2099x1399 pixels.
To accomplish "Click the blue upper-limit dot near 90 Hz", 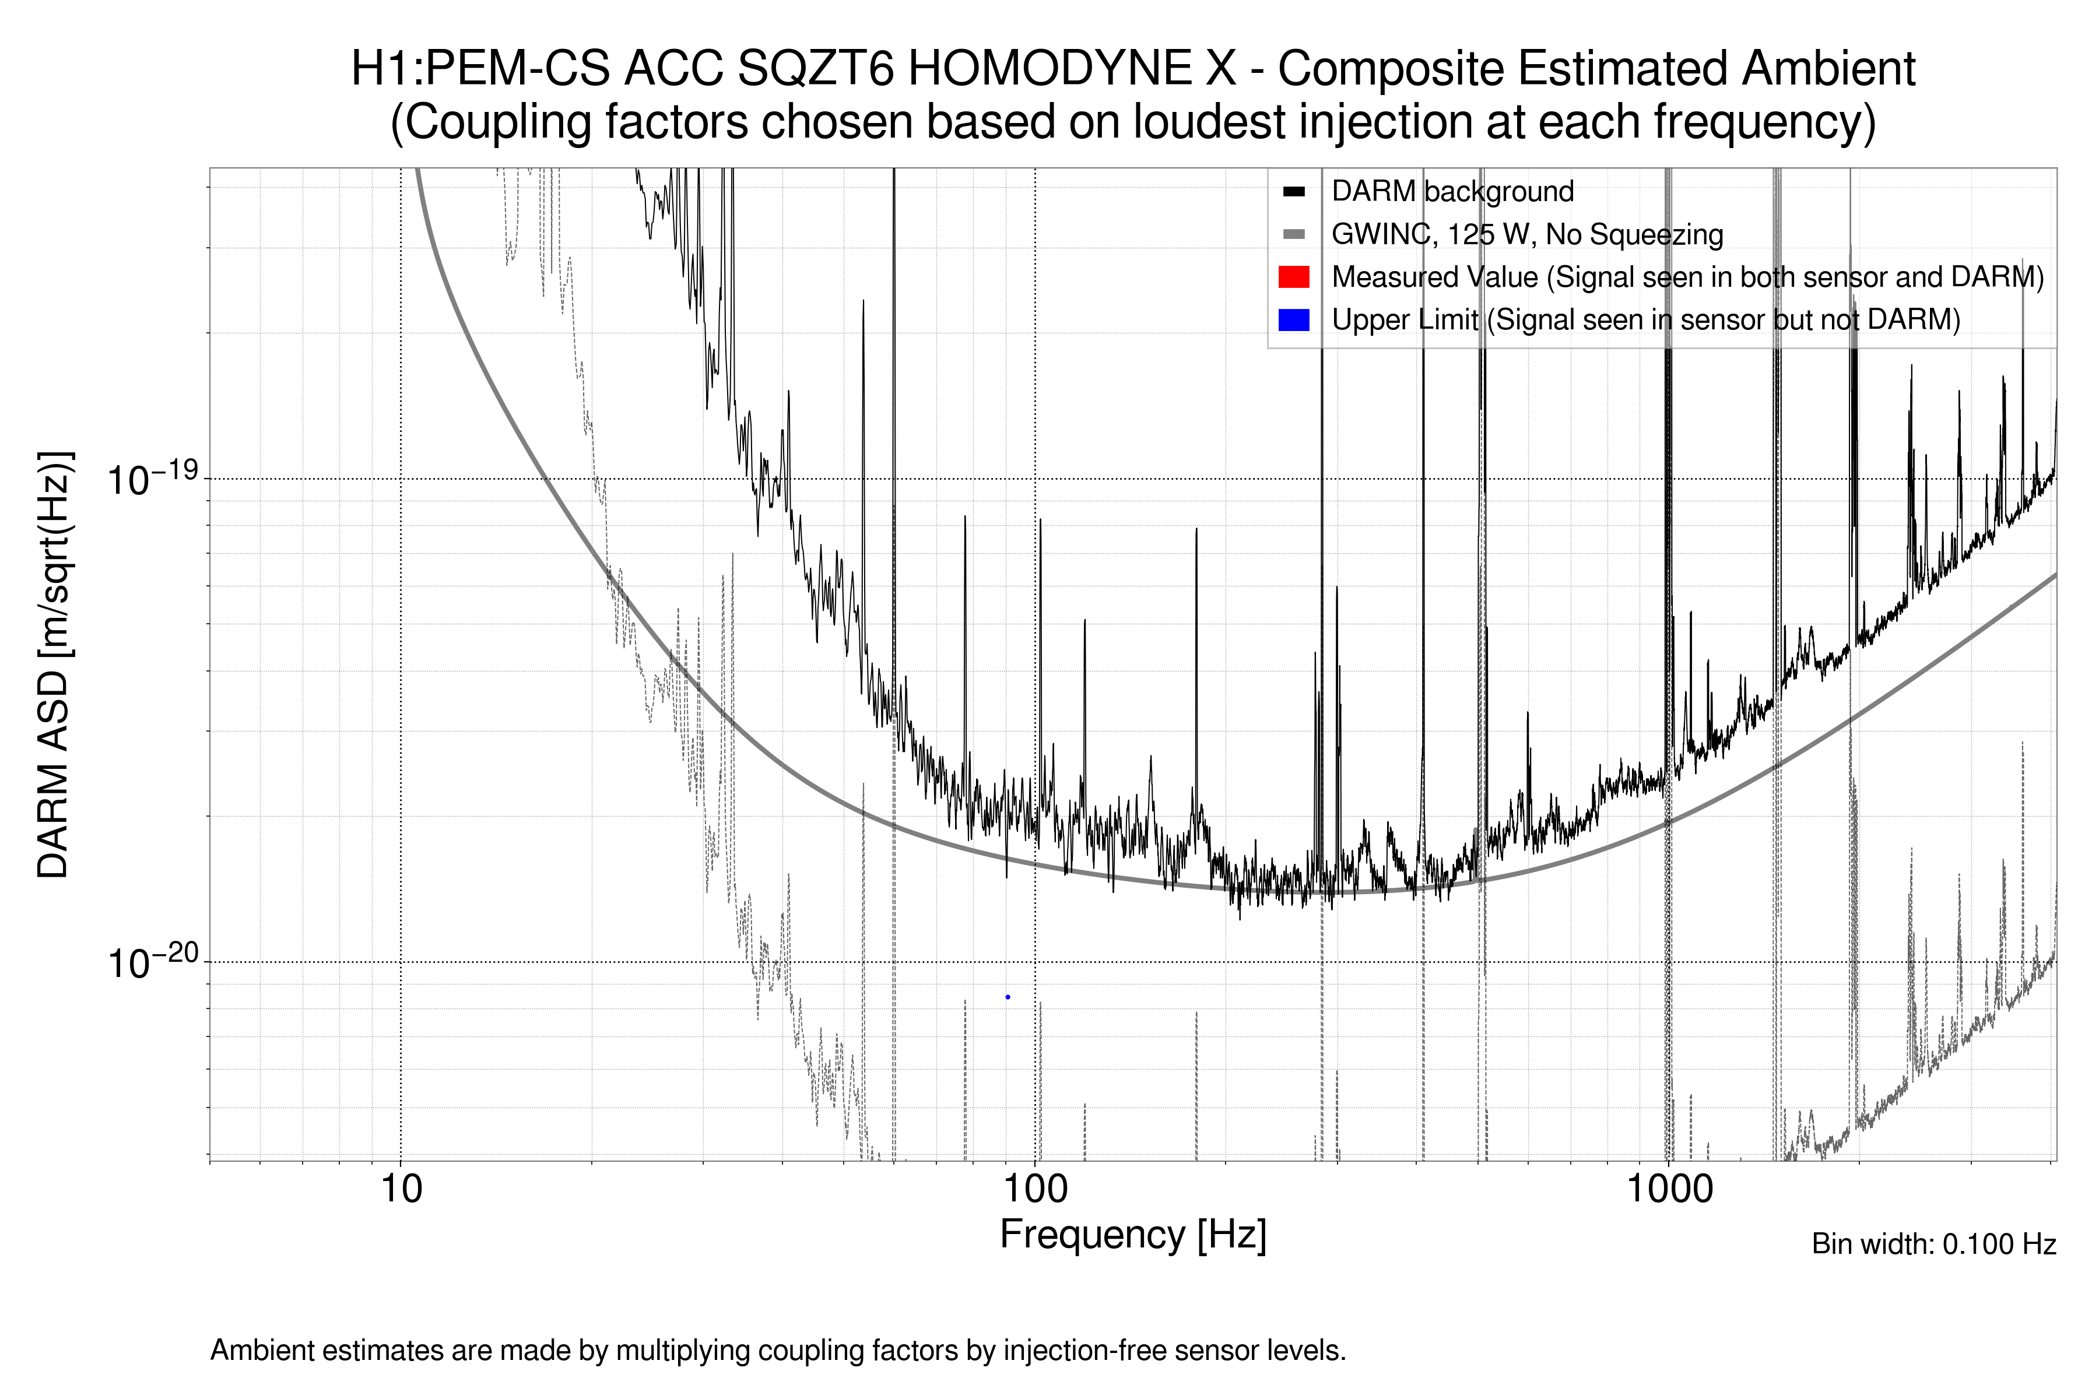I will point(1008,997).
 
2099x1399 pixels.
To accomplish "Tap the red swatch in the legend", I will point(1293,277).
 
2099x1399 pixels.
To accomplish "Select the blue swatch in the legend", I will point(1293,319).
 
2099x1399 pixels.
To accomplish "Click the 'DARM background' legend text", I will point(1452,192).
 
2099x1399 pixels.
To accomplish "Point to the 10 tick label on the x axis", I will point(401,1189).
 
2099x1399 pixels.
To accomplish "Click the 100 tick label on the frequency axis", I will point(1036,1189).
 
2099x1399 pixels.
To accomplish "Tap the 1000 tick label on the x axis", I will point(1669,1189).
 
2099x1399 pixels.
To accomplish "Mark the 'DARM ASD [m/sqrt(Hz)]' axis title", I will point(54,665).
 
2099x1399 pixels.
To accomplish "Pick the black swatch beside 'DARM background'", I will point(1293,192).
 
